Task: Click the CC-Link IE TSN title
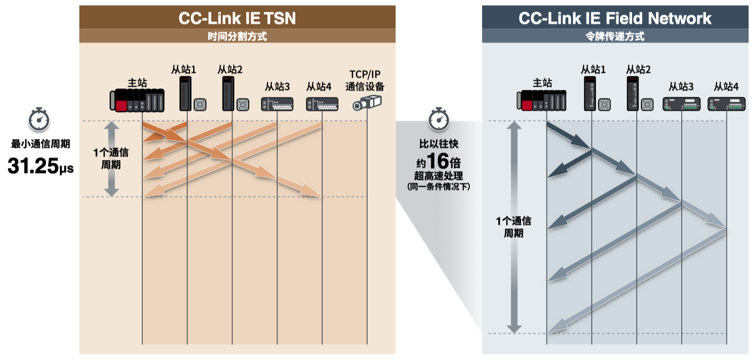pos(237,18)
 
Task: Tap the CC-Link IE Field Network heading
pos(615,18)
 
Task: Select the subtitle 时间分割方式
pos(237,36)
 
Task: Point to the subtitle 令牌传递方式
pos(615,36)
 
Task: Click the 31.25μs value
pos(40,165)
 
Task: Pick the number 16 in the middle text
pos(438,161)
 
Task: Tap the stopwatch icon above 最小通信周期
pos(39,119)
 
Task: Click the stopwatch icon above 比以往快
pos(439,119)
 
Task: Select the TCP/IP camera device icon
pos(367,103)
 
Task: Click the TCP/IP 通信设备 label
pos(365,80)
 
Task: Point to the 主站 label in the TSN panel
pos(138,83)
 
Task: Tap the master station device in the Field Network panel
pos(541,100)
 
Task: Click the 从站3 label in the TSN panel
pos(277,87)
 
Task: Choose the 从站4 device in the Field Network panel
pos(726,104)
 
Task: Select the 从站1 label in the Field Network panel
pos(593,70)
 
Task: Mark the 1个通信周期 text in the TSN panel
pos(111,158)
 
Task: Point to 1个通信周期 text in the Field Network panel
pos(514,227)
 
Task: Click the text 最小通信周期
pos(40,144)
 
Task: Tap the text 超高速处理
pos(438,175)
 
